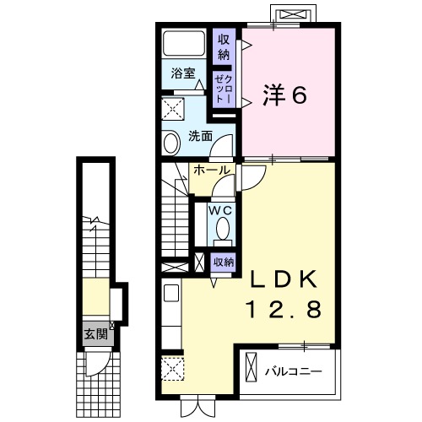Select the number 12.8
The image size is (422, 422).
pos(283,311)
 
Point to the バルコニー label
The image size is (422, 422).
pos(291,371)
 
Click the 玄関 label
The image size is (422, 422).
pos(95,333)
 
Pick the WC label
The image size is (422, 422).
pos(222,208)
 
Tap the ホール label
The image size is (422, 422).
pos(211,170)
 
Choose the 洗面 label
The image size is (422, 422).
pos(199,136)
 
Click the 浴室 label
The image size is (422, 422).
pos(183,73)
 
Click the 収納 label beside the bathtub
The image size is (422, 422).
pos(224,47)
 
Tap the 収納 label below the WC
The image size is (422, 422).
pos(223,262)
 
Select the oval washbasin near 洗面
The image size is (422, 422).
pos(170,142)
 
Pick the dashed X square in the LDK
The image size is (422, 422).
pos(172,370)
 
